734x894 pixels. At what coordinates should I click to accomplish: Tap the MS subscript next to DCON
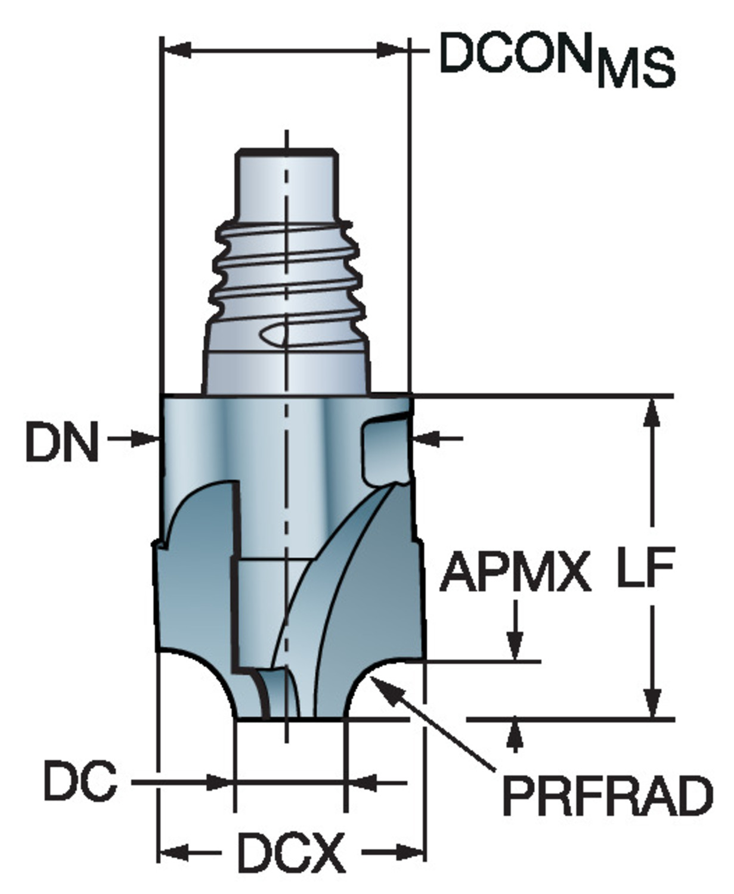click(x=636, y=70)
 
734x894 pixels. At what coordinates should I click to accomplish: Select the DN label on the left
click(x=61, y=442)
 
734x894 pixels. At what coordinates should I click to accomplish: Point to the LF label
click(x=645, y=567)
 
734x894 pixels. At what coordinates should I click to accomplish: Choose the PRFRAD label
click(x=607, y=796)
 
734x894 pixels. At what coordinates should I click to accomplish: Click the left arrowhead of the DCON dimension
click(x=176, y=51)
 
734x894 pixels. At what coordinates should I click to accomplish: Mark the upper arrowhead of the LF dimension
click(x=653, y=411)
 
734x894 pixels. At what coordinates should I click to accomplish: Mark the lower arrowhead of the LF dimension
click(x=653, y=703)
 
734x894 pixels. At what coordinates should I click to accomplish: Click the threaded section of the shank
click(x=286, y=268)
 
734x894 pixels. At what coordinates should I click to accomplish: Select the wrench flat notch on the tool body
click(x=385, y=447)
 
